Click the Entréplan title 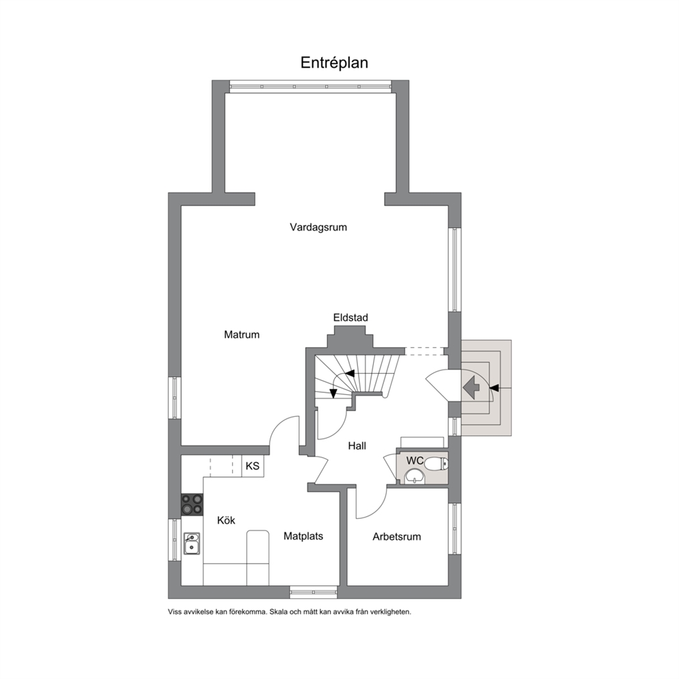tap(334, 63)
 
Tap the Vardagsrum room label tap(318, 227)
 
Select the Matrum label tap(242, 334)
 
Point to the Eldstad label tap(350, 318)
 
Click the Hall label tap(357, 446)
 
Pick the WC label tap(415, 461)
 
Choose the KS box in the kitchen tap(253, 466)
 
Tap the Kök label tap(226, 520)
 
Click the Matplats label tap(303, 536)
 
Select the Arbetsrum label tap(397, 537)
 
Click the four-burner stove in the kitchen tap(192, 504)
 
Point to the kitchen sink tap(192, 543)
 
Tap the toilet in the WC tap(436, 464)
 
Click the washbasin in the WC tap(415, 477)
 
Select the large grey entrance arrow tap(471, 387)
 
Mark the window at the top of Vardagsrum tap(311, 87)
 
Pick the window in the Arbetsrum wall tap(454, 528)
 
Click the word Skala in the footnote tap(278, 612)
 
